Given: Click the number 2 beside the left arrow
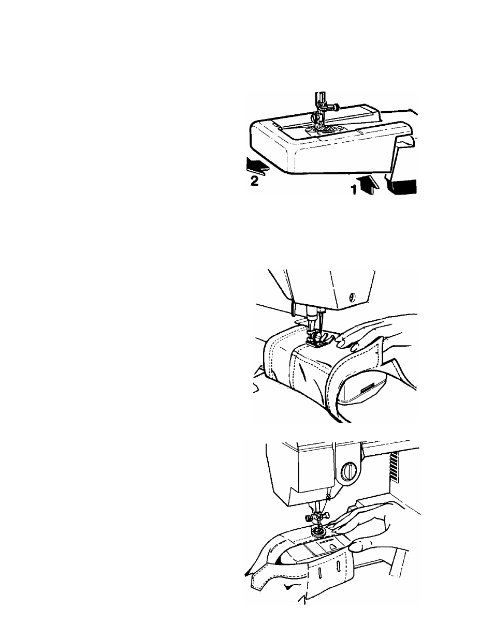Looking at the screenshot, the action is point(254,181).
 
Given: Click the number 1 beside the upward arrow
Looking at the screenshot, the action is point(354,190).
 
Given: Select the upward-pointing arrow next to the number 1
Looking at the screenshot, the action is point(367,185).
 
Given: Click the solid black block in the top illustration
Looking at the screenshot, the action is point(404,186).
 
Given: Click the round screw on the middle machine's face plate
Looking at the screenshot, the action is point(353,298).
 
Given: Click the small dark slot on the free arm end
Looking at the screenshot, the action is point(368,389).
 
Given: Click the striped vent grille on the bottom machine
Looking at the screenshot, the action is point(395,465).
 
